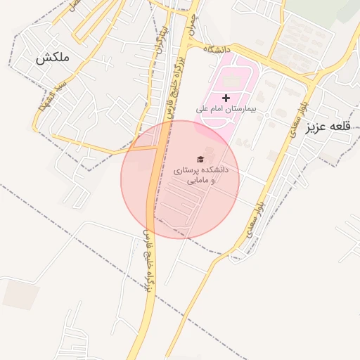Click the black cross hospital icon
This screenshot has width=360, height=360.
point(226,98)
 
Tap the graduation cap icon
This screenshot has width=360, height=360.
point(200,160)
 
